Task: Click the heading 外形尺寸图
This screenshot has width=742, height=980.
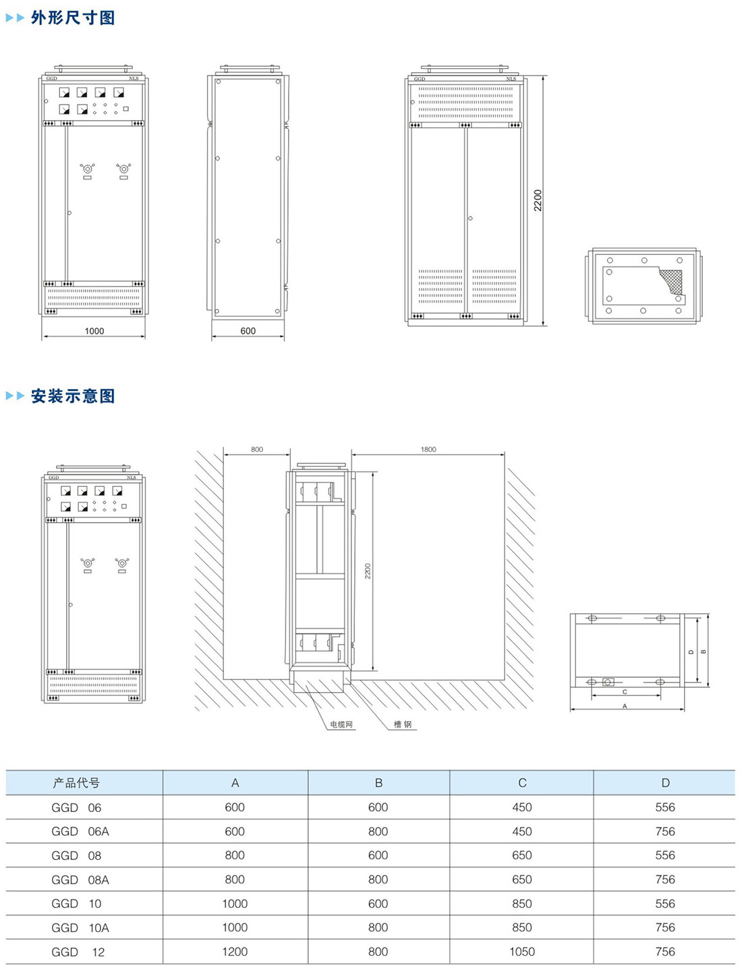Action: point(73,18)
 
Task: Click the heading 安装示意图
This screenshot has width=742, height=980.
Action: point(73,396)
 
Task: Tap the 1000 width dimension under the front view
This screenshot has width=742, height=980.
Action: point(94,331)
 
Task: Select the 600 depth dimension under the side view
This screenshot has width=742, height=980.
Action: point(248,331)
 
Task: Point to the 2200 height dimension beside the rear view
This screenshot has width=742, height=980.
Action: point(538,200)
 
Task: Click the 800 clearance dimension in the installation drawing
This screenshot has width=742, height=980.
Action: point(257,449)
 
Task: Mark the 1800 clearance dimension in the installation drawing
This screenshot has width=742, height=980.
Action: point(428,449)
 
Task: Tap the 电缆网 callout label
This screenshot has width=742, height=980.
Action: point(341,724)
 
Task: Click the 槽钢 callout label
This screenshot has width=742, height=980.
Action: point(403,724)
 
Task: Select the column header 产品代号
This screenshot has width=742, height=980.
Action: point(76,783)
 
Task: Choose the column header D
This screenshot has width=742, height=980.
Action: point(665,783)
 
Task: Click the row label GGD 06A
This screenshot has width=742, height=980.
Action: point(80,832)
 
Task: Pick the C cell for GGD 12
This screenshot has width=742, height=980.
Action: point(522,952)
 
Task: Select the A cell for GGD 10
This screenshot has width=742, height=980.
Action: point(235,904)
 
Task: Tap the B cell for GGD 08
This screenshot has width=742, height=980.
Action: point(378,855)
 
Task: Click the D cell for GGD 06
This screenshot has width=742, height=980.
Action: point(665,807)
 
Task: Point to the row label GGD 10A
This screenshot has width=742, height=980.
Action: point(80,928)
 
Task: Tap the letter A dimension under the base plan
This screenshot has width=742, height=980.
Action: point(625,706)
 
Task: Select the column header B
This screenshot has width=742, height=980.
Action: point(378,783)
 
